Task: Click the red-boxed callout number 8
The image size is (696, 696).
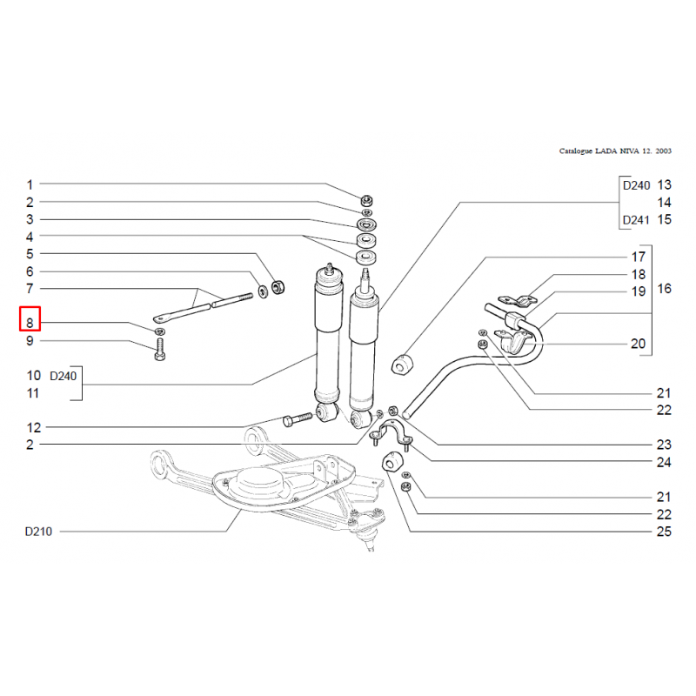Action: pos(30,323)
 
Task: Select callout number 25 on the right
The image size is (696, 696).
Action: pos(664,532)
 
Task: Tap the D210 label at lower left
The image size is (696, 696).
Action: pos(39,532)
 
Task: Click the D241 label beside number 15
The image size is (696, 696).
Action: pos(635,219)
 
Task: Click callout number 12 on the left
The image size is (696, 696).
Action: pos(33,427)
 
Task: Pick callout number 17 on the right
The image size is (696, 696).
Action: pos(639,258)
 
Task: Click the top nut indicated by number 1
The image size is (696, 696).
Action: pos(366,198)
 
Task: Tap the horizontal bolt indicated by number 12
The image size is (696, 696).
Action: pos(296,420)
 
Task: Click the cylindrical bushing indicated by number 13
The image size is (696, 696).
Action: pos(403,365)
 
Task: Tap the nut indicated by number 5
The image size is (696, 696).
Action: pos(278,285)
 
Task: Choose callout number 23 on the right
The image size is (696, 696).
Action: pos(664,445)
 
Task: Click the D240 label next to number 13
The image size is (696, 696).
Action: pos(635,185)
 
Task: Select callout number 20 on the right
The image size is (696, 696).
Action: pos(639,345)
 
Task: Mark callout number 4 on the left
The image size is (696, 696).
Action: pos(30,237)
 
